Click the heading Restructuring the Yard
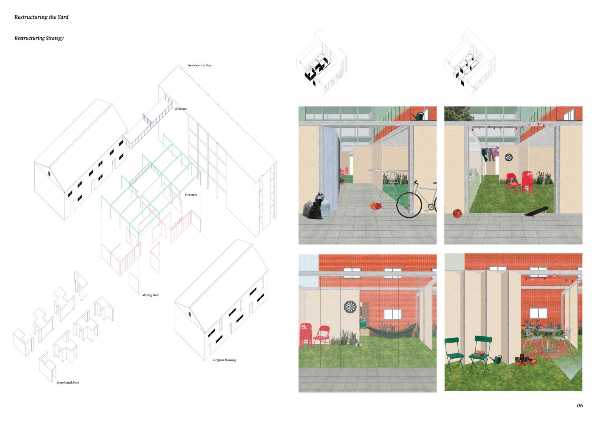(x=41, y=17)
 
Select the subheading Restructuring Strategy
(x=39, y=38)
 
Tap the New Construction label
(x=199, y=65)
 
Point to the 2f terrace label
(x=181, y=108)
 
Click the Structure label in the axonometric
(x=191, y=195)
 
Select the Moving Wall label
(x=150, y=295)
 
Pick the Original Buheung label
(x=225, y=360)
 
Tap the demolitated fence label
(x=68, y=382)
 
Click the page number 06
(x=580, y=406)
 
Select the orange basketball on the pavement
(x=457, y=214)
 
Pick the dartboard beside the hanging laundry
(x=509, y=157)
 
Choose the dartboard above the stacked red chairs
(x=350, y=307)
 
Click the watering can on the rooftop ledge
(x=418, y=116)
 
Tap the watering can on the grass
(x=495, y=359)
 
